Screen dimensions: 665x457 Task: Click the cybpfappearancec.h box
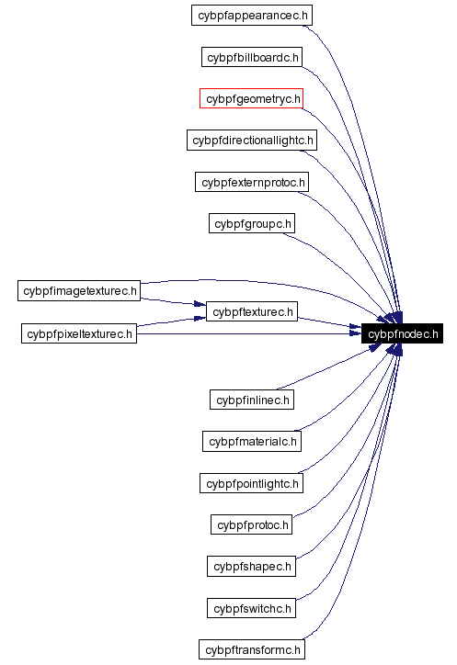251,15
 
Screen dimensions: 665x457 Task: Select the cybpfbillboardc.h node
251,57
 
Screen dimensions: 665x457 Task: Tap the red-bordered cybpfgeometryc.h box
251,98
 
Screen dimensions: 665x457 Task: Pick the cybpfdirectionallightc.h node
251,141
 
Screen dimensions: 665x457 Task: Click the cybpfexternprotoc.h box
251,182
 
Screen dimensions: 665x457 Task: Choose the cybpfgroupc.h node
251,223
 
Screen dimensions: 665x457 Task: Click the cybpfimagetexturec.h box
79,291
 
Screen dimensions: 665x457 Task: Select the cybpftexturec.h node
251,312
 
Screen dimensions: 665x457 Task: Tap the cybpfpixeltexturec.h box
79,333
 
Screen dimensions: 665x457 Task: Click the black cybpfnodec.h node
403,333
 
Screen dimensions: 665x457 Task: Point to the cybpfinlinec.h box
251,400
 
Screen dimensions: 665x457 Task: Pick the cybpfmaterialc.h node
251,441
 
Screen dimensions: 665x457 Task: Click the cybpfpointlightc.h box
251,483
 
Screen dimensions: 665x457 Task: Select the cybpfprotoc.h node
251,524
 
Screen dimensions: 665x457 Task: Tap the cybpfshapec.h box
251,566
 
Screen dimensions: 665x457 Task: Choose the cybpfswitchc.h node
251,608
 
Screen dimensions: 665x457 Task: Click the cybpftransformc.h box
251,649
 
